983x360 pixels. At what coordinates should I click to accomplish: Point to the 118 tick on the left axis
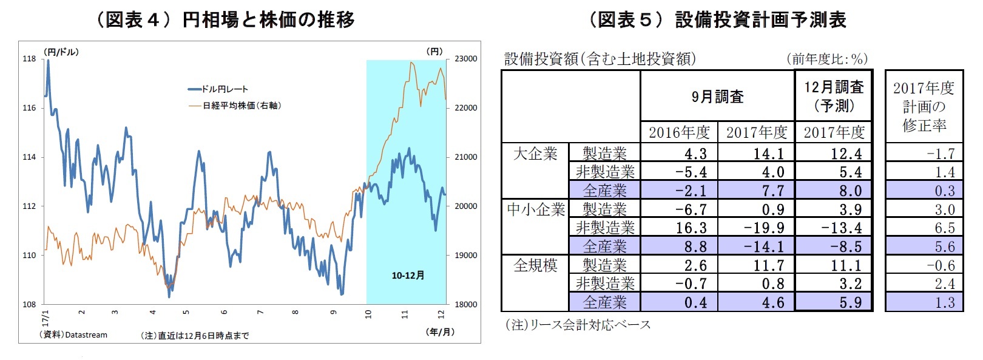(29, 59)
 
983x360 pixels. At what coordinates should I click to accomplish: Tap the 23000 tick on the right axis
(465, 59)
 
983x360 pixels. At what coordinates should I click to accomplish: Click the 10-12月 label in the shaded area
(408, 276)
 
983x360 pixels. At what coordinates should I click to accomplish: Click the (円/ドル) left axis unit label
(61, 52)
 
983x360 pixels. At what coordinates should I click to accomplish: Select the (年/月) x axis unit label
(441, 332)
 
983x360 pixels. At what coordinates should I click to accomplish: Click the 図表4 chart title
(225, 19)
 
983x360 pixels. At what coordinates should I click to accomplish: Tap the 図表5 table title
(718, 19)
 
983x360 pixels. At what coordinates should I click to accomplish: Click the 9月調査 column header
(717, 97)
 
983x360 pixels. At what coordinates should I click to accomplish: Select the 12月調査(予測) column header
(834, 96)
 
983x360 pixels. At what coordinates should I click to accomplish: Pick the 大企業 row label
(535, 154)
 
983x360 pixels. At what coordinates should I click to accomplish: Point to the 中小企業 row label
(536, 209)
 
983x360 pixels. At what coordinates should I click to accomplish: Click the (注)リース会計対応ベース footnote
(578, 325)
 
